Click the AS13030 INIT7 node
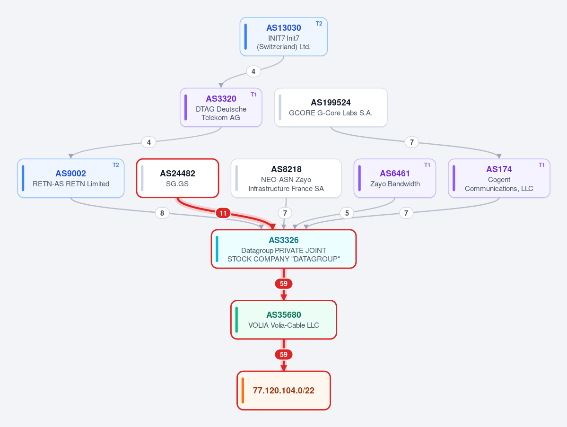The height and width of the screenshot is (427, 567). (284, 36)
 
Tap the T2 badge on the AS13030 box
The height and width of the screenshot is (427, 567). (319, 24)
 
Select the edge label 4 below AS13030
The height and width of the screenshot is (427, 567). (253, 71)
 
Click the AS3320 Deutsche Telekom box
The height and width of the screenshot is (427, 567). (221, 107)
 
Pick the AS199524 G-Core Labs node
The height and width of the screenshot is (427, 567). (331, 107)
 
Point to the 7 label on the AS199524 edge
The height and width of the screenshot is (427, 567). (411, 142)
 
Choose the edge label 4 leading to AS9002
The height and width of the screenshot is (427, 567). (149, 142)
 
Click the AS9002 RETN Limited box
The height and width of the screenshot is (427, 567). (71, 178)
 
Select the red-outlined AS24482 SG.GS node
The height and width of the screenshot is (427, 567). (177, 178)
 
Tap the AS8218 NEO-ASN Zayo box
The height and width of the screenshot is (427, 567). (286, 178)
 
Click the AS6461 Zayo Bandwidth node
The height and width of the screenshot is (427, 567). (395, 178)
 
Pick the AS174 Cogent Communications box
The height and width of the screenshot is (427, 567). (499, 178)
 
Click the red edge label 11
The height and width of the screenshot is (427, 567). (223, 213)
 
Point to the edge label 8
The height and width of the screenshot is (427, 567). (162, 213)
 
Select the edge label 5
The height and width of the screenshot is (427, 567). (347, 213)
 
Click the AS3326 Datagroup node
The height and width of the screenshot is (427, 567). (284, 249)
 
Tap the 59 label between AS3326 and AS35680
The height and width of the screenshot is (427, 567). (284, 284)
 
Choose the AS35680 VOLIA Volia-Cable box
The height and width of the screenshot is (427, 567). (284, 320)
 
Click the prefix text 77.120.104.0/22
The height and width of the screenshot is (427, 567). (284, 391)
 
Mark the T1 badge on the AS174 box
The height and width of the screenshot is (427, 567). (541, 165)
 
